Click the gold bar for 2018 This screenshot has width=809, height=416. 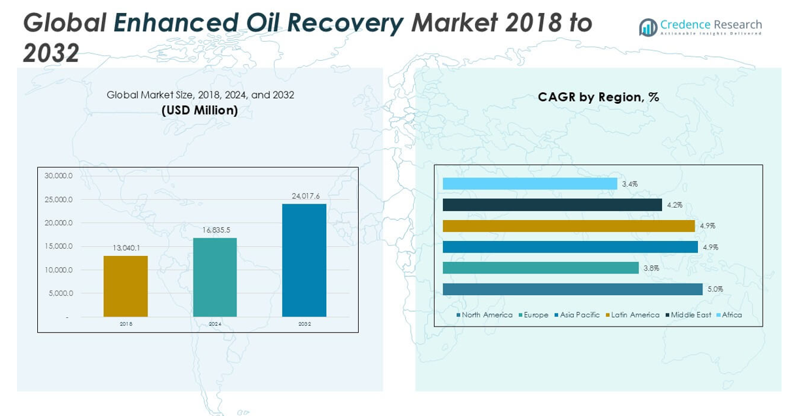coord(125,286)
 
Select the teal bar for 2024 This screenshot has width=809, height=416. coord(215,277)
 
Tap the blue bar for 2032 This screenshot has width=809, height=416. coord(305,260)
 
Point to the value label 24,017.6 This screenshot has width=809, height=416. coord(305,195)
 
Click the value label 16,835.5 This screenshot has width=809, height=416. coord(215,230)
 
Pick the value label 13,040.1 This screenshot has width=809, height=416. coord(126,248)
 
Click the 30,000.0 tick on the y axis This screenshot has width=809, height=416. coord(58,176)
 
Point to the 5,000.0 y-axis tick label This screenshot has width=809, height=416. coord(60,293)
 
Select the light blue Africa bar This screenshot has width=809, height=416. coord(529,184)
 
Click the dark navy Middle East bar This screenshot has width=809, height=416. coord(552,205)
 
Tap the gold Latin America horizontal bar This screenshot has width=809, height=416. coord(569,226)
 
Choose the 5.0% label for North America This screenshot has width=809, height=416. coord(715,289)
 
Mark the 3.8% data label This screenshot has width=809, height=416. coord(651,268)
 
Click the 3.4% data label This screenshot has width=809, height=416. coord(629,184)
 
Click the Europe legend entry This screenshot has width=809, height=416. coord(535,315)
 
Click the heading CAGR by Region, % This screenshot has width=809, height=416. coord(598,97)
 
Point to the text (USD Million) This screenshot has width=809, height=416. coord(200,110)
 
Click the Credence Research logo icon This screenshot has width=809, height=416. coord(648,27)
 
